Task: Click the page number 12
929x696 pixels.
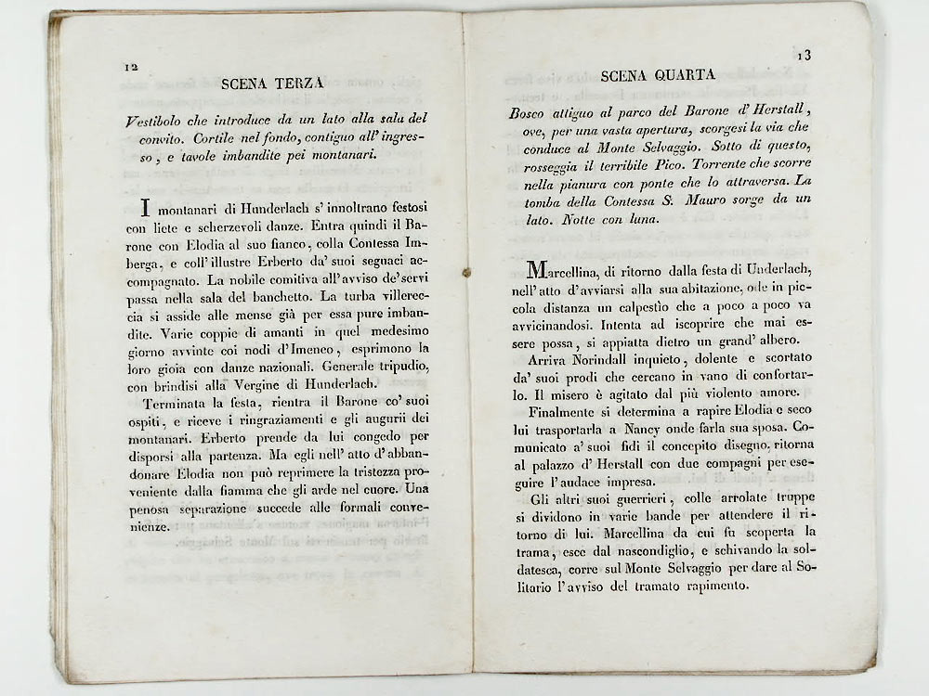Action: [x=130, y=67]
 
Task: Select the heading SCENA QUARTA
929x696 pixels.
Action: [x=658, y=75]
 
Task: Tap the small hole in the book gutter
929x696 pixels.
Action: [x=466, y=273]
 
